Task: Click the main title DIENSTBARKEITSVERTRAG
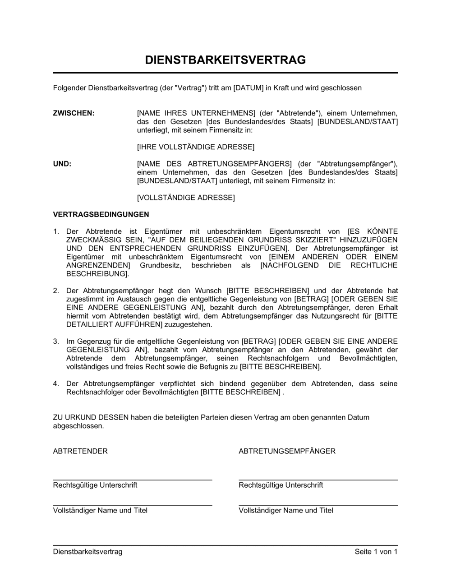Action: [225, 60]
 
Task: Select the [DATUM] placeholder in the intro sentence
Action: [248, 88]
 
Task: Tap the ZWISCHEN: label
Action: [74, 113]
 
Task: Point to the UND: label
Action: [62, 164]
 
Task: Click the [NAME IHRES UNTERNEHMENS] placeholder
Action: [196, 113]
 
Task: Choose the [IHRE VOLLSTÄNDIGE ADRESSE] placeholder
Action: [195, 147]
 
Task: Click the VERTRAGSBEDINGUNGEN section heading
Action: [101, 214]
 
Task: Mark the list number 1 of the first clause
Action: [56, 231]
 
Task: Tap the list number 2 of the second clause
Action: [56, 291]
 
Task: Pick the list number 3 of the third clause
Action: [56, 342]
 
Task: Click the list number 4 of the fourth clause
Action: [56, 383]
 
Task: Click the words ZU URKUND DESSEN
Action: [91, 417]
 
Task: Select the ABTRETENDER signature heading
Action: [80, 451]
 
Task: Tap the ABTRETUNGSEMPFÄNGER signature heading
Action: [287, 451]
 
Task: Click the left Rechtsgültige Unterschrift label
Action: [95, 485]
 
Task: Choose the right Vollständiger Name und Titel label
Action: [286, 510]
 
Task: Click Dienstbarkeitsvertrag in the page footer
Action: [87, 551]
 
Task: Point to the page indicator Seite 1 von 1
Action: [376, 551]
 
